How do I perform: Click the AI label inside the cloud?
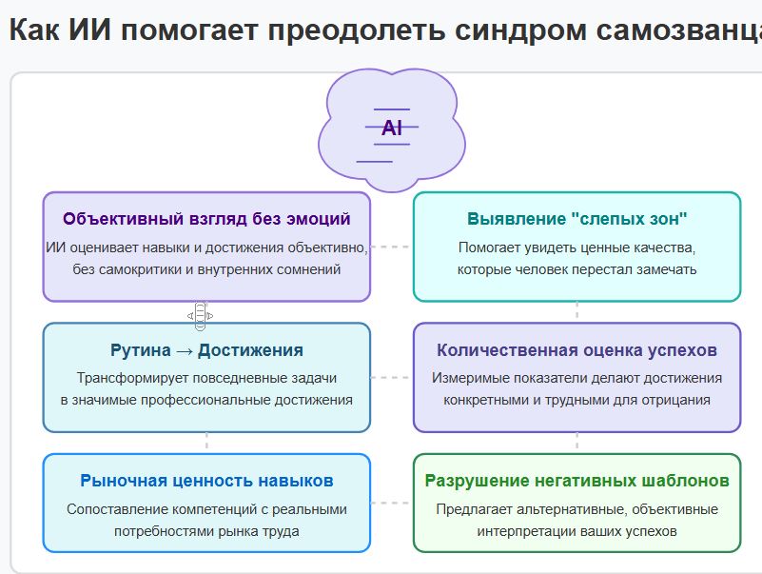[392, 129]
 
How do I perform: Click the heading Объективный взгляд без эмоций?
[206, 219]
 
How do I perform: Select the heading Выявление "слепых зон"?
[576, 219]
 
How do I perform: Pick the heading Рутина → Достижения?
[206, 350]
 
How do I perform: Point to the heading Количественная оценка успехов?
[576, 350]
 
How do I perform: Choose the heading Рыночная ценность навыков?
[206, 481]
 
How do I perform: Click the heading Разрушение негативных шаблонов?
[576, 481]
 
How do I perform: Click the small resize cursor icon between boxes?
[200, 314]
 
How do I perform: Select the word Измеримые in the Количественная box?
[465, 378]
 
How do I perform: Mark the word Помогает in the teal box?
[486, 247]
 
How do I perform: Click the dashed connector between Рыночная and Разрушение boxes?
[391, 502]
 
